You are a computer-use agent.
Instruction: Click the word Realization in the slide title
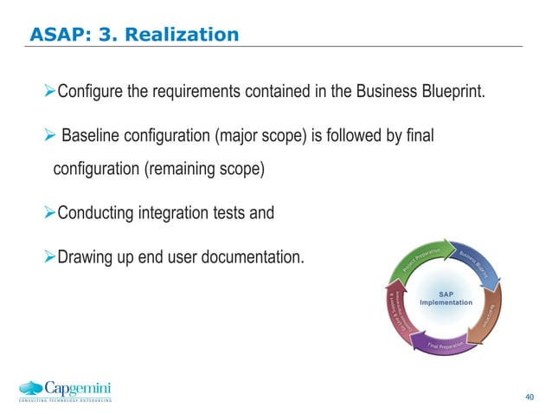(x=185, y=36)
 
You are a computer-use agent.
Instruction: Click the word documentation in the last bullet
(x=256, y=257)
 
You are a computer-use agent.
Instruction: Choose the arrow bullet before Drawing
(x=49, y=257)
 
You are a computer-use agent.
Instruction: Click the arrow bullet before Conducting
(x=49, y=212)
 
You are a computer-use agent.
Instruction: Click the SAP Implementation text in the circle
(x=446, y=298)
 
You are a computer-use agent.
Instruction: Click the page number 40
(x=530, y=397)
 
